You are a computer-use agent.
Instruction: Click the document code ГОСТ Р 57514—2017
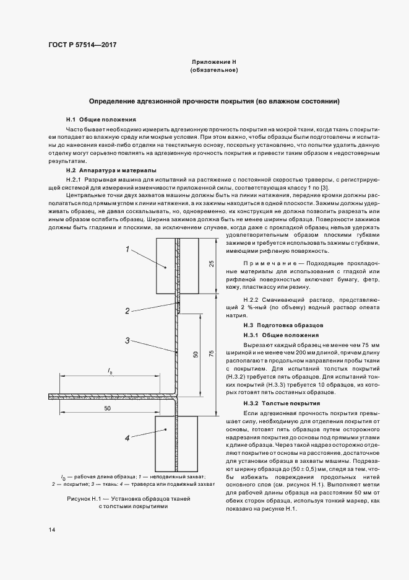coord(82,45)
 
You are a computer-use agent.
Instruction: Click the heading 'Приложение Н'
coord(214,63)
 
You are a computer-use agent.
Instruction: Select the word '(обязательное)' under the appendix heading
coord(214,71)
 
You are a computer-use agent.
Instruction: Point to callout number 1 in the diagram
coord(127,250)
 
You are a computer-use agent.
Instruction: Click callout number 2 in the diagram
coord(127,310)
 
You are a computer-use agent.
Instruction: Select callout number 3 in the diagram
coord(127,340)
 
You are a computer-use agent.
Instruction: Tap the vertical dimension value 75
coord(212,353)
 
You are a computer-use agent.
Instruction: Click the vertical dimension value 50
coord(196,354)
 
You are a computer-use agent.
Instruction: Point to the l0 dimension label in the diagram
coord(110,372)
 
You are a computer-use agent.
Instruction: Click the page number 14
coord(51,530)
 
